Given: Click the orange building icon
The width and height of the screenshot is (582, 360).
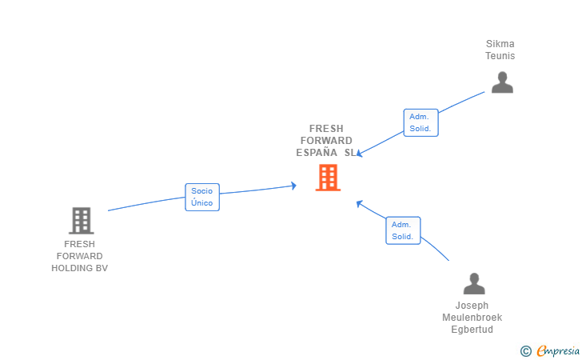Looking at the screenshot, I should click(328, 178).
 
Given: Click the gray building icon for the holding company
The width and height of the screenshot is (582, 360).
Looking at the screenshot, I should click(81, 220).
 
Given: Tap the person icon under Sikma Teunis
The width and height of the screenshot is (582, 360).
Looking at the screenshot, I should click(502, 82).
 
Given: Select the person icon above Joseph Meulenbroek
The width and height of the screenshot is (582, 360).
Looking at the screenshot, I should click(474, 284).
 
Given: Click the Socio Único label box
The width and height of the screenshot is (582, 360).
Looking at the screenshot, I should click(202, 197).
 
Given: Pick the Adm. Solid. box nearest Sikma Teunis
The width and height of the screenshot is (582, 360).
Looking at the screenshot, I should click(421, 122).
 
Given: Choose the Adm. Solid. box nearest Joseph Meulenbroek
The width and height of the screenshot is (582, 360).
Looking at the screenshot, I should click(402, 230).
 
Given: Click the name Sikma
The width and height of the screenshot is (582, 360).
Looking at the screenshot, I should click(500, 44).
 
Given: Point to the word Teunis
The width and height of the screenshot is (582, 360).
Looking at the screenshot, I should click(500, 56).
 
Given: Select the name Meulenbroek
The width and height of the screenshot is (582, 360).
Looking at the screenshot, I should click(472, 318).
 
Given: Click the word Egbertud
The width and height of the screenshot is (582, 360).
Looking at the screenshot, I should click(472, 330).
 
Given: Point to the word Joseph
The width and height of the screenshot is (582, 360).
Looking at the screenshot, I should click(472, 306).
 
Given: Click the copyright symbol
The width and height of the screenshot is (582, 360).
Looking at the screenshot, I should click(525, 350).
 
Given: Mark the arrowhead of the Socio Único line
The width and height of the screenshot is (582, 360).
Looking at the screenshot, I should click(293, 186).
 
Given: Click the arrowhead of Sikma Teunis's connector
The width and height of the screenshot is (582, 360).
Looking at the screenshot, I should click(360, 154).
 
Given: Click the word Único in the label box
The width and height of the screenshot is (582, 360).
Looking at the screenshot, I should click(202, 203).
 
